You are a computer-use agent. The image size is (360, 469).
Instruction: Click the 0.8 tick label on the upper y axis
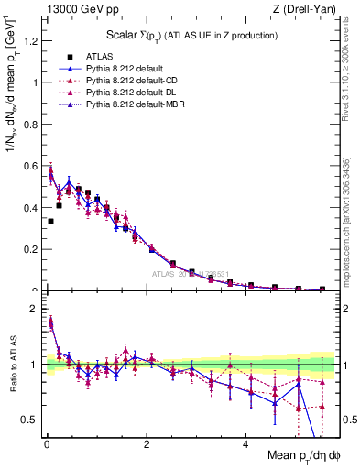pyautogui.click(x=32, y=124)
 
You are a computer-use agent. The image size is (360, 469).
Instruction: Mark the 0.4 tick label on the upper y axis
pyautogui.click(x=32, y=207)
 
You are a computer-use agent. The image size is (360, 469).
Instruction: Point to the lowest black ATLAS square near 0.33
pyautogui.click(x=50, y=221)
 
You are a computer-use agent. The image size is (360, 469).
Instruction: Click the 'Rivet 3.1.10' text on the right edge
pyautogui.click(x=353, y=87)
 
